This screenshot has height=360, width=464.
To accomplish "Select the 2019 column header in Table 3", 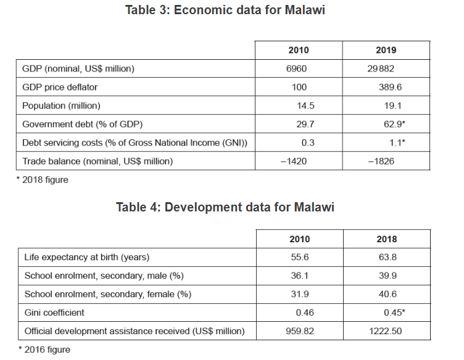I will [x=386, y=50].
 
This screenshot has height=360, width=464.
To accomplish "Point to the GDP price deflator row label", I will [x=60, y=87].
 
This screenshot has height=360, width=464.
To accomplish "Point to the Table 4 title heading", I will [x=225, y=207].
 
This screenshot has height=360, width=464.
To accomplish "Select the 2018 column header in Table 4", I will [x=387, y=239].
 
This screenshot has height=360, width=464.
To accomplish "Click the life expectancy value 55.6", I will [x=300, y=257].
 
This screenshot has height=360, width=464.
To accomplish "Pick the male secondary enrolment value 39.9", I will [x=388, y=276].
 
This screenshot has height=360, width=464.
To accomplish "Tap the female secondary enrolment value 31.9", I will [x=300, y=294].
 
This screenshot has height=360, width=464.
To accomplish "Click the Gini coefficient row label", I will [x=54, y=313].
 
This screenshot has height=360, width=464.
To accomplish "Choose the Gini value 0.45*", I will [x=389, y=313].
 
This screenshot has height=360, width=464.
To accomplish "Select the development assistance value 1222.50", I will [x=386, y=331].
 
